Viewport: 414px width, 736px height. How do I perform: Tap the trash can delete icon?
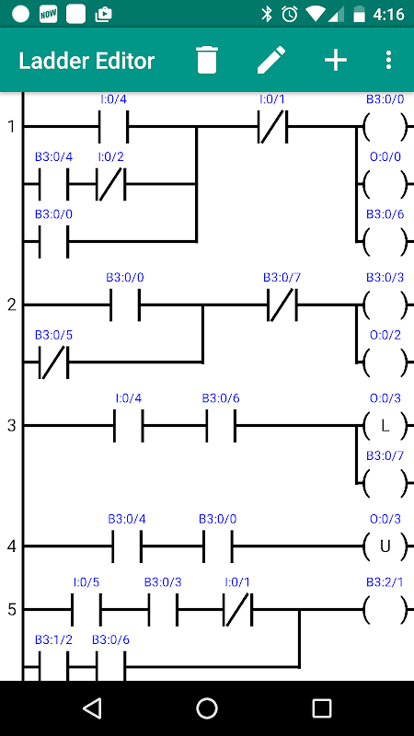(207, 60)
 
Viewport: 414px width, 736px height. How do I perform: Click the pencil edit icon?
(271, 60)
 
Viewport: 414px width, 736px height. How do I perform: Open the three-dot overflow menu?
(388, 60)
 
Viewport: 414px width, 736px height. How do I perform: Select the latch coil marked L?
(385, 426)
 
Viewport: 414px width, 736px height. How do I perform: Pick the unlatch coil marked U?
(385, 546)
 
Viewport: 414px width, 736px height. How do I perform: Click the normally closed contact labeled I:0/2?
(111, 184)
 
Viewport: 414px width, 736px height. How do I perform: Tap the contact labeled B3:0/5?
(53, 362)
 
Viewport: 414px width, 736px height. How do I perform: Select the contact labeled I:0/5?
(86, 610)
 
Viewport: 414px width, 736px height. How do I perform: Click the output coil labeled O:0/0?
(385, 184)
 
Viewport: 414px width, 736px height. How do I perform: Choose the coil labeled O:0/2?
(385, 362)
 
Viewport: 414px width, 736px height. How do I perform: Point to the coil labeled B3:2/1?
(385, 610)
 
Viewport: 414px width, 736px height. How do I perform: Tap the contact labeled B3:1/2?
(53, 666)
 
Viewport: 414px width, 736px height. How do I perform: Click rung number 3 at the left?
(12, 426)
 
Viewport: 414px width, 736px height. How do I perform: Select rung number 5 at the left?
(12, 610)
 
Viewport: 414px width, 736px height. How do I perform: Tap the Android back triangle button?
(92, 707)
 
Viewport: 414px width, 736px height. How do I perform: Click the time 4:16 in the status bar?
(388, 15)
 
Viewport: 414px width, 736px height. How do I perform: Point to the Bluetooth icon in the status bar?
(267, 15)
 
